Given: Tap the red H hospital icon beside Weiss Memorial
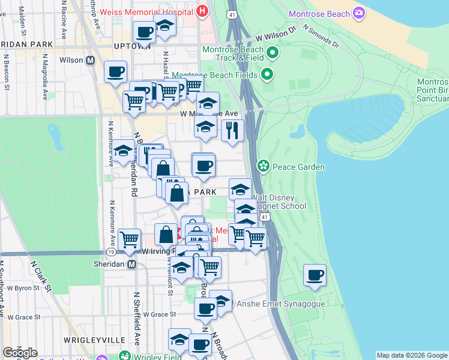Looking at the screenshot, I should point(202,11).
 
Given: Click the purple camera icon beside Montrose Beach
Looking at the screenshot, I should point(359,13).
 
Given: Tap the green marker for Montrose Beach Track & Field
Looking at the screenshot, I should point(273,53).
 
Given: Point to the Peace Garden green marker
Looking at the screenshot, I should point(262,166).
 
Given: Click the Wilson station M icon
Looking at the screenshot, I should point(91,60).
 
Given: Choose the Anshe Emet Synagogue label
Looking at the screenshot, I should point(281,304).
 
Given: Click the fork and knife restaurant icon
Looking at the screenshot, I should point(232,130).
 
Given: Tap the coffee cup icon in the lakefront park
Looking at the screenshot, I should point(315,275).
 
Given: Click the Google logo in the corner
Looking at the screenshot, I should point(20,353).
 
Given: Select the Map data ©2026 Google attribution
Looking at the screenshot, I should point(411,355).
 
